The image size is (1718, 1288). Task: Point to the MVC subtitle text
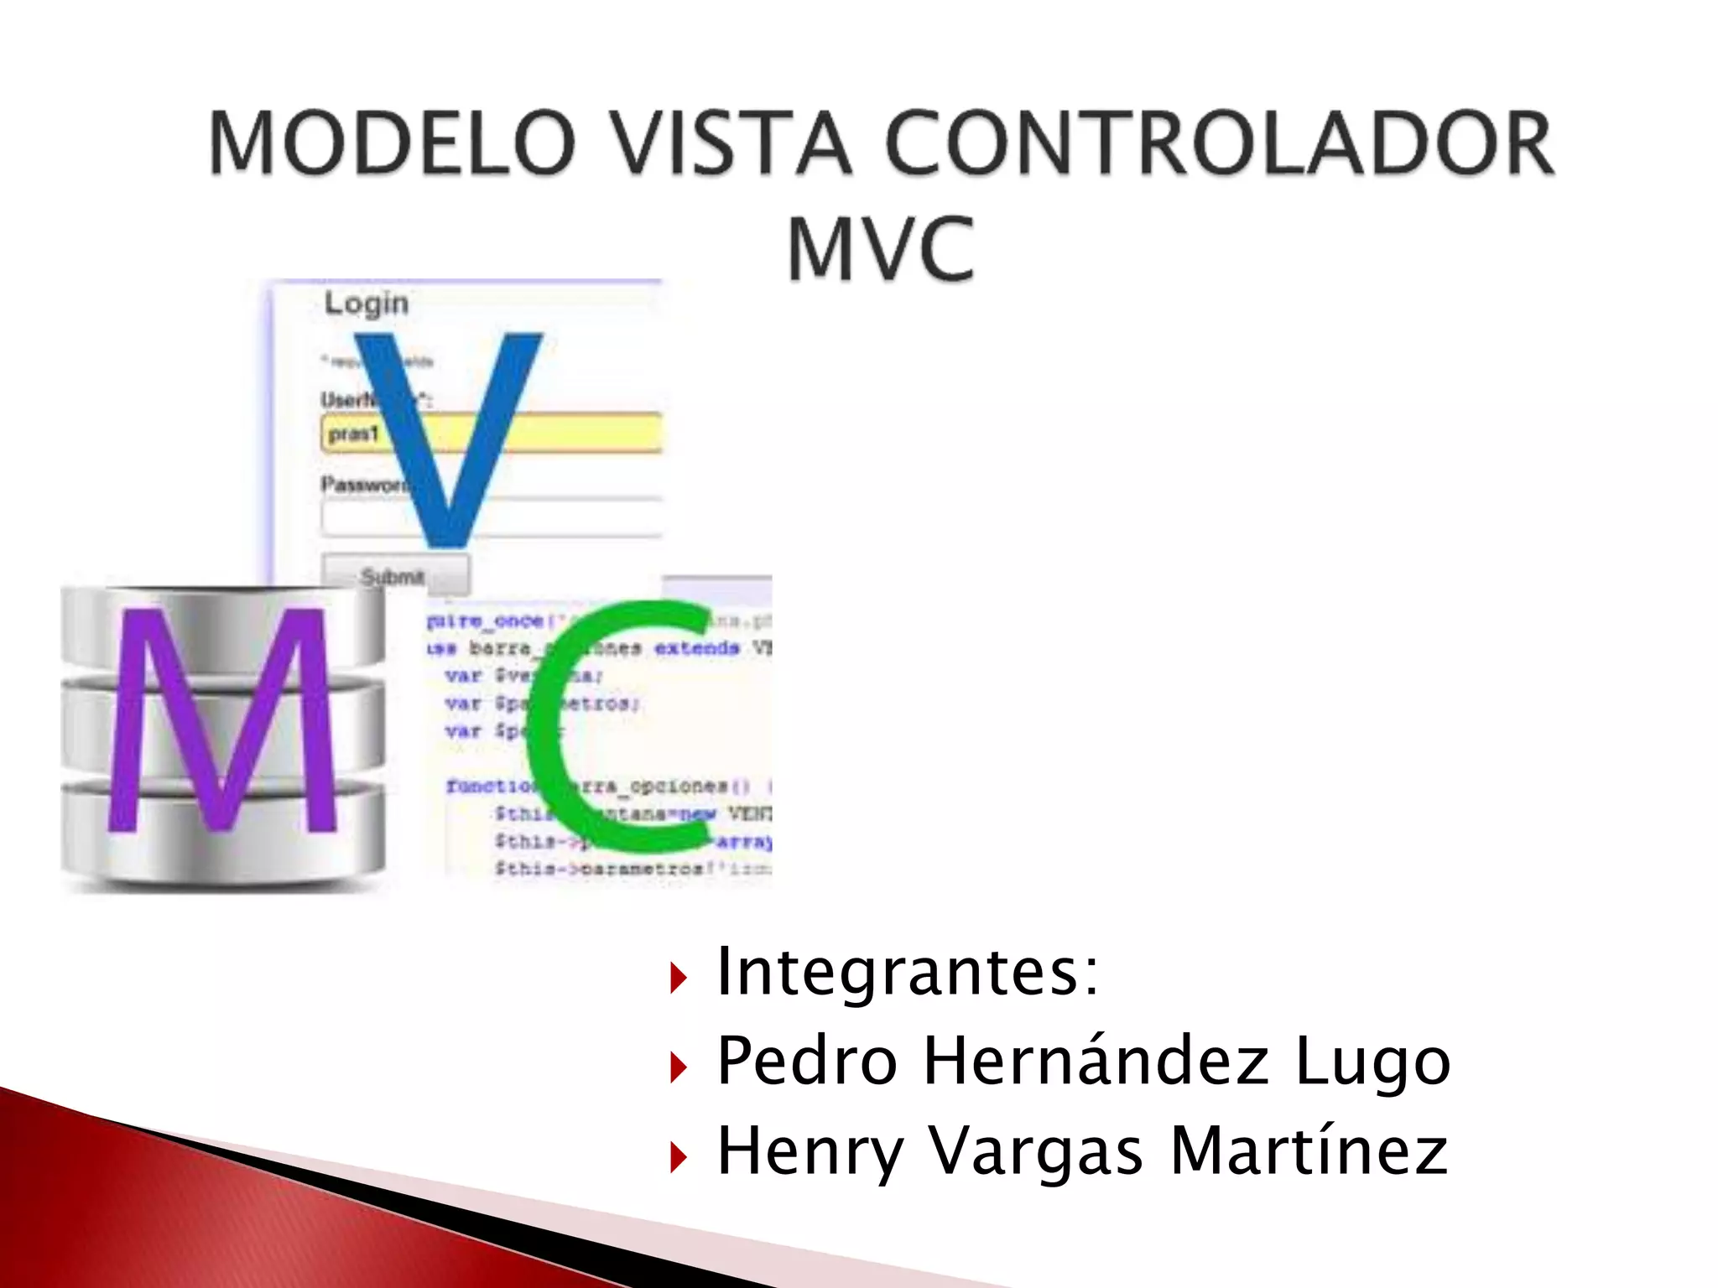point(881,249)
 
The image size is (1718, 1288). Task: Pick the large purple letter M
point(221,721)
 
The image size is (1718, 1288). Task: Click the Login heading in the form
point(367,303)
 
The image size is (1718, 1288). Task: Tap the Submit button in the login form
point(394,576)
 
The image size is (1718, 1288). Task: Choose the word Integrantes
point(907,972)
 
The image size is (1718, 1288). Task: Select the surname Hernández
point(1096,1061)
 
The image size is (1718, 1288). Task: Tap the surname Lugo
point(1372,1062)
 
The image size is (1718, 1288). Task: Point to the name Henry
point(810,1152)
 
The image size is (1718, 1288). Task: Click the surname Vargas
point(1036,1152)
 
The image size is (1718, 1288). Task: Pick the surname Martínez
point(1308,1150)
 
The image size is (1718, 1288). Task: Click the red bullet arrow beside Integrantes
point(679,978)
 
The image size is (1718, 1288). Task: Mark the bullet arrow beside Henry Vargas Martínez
point(679,1157)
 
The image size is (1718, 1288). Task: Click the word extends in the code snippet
point(697,648)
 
